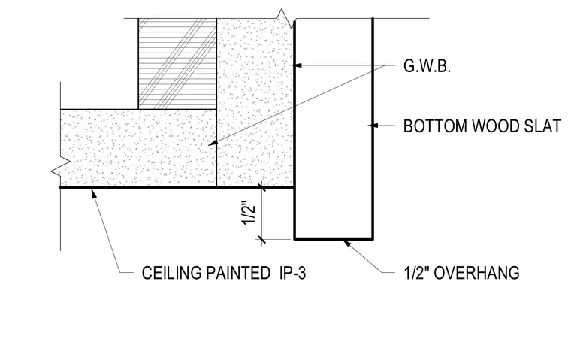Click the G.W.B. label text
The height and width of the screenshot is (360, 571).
427,66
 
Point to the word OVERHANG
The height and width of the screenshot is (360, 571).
476,273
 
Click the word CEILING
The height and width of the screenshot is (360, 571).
171,273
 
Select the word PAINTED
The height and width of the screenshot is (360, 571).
238,273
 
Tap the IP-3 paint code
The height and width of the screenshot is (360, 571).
293,273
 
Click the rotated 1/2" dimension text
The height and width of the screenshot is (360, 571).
249,213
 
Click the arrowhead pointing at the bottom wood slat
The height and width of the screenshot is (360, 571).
373,126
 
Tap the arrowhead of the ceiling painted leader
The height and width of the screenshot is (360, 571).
95,193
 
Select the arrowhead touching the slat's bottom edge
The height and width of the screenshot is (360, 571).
346,243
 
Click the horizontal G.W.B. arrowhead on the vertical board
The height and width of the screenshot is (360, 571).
298,65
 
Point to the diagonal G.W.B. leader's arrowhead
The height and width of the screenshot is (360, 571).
212,144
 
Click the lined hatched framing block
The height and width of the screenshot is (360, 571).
177,63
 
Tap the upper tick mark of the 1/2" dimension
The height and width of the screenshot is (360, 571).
261,187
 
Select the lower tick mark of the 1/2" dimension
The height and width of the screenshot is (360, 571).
261,239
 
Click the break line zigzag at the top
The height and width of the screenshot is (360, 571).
285,17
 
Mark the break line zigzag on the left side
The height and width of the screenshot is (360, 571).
60,168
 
